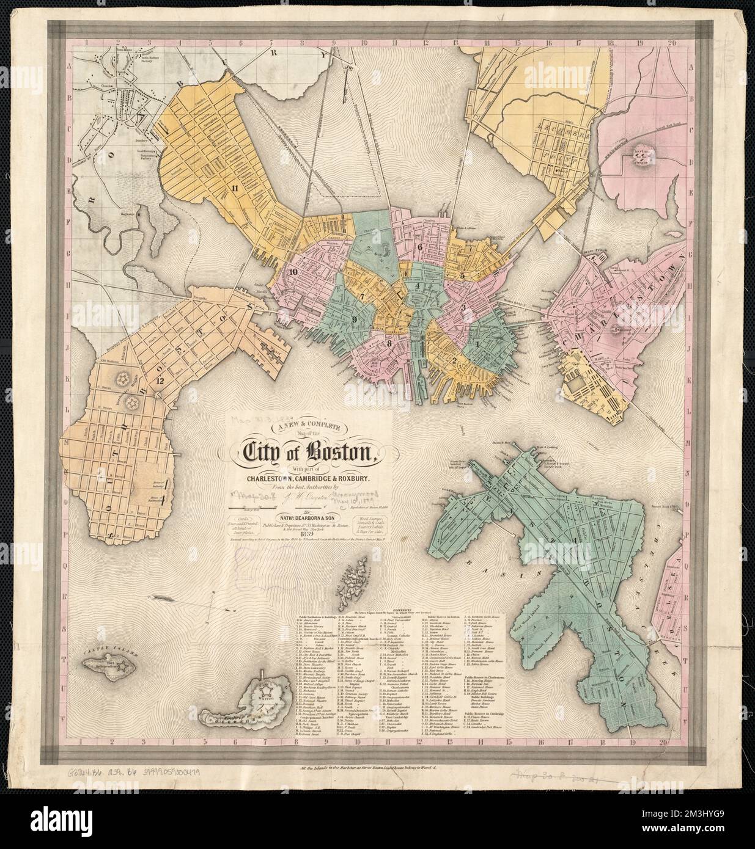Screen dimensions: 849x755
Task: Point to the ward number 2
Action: [x=454, y=359]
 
